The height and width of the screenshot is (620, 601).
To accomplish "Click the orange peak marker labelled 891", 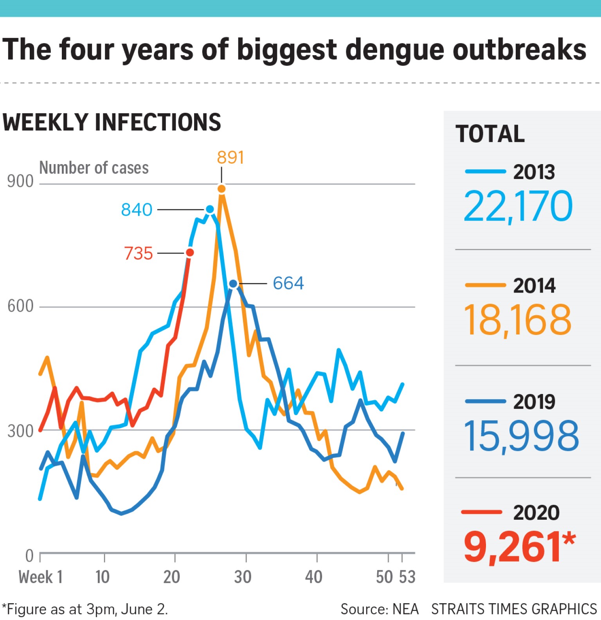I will [221, 189].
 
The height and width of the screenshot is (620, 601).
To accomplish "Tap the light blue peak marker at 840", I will [210, 210].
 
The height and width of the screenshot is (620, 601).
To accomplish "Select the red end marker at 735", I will [190, 253].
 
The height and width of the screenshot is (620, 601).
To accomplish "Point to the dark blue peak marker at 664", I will [233, 284].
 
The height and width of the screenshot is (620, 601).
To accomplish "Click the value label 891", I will [230, 157].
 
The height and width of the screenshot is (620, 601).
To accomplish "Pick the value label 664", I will [288, 283].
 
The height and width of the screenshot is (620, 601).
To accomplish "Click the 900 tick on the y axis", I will [20, 181].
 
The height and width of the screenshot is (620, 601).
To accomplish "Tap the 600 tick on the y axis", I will [20, 306].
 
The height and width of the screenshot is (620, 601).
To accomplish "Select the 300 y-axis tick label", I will [20, 431].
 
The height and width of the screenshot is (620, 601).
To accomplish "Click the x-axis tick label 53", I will [407, 577].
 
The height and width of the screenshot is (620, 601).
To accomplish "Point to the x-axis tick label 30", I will [243, 577].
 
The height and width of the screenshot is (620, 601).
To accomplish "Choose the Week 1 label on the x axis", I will [41, 577].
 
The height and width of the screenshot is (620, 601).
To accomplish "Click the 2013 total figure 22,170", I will [518, 206].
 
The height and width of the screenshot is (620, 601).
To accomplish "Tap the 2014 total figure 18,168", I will [517, 320].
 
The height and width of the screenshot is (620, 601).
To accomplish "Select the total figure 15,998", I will [521, 436].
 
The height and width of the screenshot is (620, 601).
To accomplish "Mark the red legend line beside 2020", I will [482, 512].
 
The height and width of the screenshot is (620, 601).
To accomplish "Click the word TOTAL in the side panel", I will [490, 134].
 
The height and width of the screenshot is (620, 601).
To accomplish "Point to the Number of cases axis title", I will [94, 168].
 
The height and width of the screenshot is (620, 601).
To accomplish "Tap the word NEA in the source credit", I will [405, 609].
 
